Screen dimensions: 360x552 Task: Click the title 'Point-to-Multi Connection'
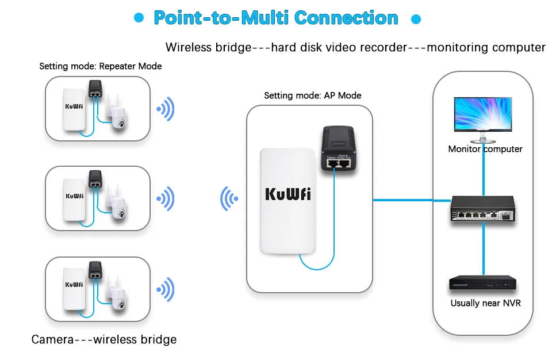click(275, 18)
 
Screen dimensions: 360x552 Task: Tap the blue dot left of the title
click(139, 18)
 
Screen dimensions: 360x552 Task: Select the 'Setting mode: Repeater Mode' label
click(100, 66)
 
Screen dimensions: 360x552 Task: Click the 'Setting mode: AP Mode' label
click(312, 95)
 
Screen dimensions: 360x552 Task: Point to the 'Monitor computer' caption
click(485, 149)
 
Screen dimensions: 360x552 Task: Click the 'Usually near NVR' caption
click(485, 303)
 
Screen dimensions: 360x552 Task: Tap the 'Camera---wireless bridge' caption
click(103, 339)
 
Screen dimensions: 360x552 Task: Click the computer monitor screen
click(482, 114)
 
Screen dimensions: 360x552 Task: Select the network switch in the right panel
click(482, 210)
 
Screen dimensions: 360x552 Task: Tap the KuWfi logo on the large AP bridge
click(287, 193)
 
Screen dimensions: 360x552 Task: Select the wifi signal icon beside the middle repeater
click(166, 198)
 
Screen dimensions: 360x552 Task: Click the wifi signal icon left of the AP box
click(229, 199)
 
